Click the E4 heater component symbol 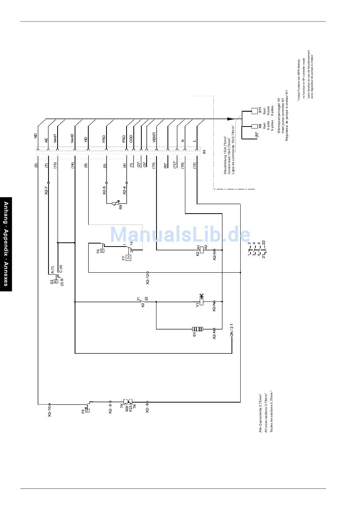click(x=197, y=329)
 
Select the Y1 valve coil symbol click(x=202, y=302)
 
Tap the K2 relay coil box click(x=202, y=250)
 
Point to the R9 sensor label click(x=121, y=207)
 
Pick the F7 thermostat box click(x=129, y=258)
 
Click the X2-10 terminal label click(x=49, y=411)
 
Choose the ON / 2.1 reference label click(x=232, y=330)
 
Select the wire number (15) click(x=153, y=165)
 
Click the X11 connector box click(x=255, y=111)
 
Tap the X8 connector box click(x=255, y=126)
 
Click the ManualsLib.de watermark click(x=180, y=235)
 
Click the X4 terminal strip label click(x=204, y=152)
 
